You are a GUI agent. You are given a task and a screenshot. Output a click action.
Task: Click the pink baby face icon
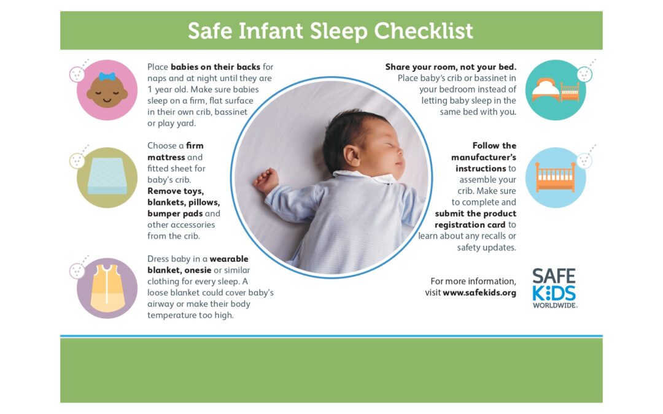(107, 90)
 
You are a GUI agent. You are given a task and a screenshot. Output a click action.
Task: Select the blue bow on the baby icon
(107, 77)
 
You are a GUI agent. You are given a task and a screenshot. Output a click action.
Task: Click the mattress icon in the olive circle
(107, 178)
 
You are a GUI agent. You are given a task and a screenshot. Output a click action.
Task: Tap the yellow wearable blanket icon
(107, 288)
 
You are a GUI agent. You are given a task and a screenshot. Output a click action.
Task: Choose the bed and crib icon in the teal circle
(556, 90)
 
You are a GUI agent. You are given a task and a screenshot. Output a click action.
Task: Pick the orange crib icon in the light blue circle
(556, 177)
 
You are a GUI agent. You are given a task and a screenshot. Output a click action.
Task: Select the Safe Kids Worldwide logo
(554, 288)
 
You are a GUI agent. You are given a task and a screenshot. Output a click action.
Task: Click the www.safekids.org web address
(479, 293)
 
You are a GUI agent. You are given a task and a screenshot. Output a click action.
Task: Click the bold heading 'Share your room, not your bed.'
(451, 67)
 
